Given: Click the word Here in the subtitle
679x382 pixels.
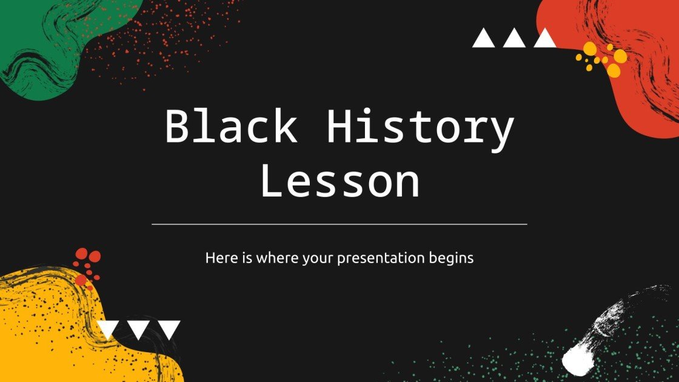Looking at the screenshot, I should (x=218, y=258).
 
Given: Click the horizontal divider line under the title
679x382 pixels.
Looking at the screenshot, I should (x=339, y=224).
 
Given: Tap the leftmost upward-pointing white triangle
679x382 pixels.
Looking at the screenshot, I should (x=484, y=38).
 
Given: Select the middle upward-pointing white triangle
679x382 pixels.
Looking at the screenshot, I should (x=514, y=38).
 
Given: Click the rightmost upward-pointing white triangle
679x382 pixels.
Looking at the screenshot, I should (x=544, y=38).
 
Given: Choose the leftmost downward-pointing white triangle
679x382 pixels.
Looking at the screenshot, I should (x=108, y=329).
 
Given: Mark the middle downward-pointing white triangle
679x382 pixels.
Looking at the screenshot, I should (x=139, y=329).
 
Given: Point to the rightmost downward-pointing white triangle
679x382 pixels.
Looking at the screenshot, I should (x=170, y=329).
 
